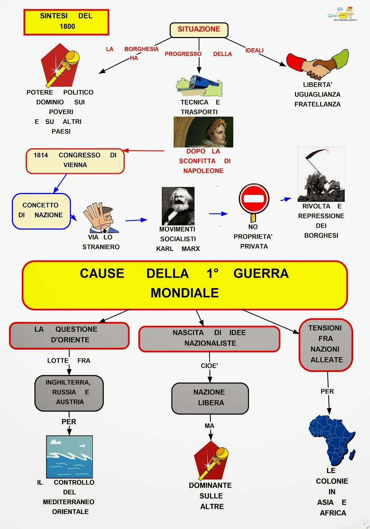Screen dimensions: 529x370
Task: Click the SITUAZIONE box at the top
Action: click(199, 30)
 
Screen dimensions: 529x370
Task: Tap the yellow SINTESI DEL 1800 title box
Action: click(66, 22)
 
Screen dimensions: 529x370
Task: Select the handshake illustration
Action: click(317, 65)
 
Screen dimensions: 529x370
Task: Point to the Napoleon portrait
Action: click(203, 132)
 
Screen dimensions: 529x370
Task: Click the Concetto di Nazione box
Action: click(41, 211)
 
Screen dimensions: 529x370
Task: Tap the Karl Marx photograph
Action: click(178, 206)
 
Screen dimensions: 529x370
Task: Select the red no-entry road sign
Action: click(254, 200)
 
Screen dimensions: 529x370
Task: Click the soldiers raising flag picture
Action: click(321, 175)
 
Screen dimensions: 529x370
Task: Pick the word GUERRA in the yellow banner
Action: click(261, 274)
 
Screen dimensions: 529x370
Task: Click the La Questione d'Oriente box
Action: click(69, 335)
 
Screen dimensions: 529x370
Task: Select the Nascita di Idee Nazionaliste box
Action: click(209, 339)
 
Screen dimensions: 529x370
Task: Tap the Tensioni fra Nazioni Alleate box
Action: click(326, 345)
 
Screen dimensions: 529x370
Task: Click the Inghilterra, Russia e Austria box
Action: click(69, 393)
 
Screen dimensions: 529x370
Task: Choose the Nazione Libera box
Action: click(210, 398)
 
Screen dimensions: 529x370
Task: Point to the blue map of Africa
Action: click(331, 440)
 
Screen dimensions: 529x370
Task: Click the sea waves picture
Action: click(69, 457)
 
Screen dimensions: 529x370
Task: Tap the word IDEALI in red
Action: click(254, 50)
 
